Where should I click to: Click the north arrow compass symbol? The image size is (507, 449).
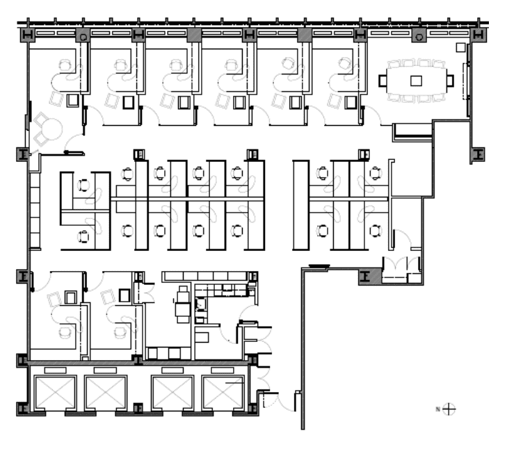click(x=449, y=409)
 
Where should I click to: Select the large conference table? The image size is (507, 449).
click(x=417, y=81)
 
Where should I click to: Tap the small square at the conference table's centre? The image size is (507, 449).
click(x=416, y=81)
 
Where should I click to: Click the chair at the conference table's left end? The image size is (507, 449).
click(x=383, y=81)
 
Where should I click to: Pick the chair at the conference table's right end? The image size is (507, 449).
click(x=450, y=81)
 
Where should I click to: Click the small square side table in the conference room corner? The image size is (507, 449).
click(x=460, y=47)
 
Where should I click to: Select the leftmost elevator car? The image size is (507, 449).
click(x=56, y=393)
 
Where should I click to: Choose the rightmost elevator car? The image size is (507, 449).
click(x=223, y=393)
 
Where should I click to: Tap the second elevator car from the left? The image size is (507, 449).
click(x=106, y=393)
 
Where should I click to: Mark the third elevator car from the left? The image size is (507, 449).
click(x=172, y=393)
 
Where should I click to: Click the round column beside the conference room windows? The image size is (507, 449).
click(x=419, y=37)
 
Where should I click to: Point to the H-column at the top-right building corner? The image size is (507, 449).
click(x=478, y=35)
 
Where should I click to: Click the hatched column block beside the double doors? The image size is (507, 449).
click(x=370, y=277)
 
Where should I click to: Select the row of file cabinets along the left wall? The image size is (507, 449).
click(x=35, y=210)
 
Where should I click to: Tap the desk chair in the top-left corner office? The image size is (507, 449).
click(x=65, y=65)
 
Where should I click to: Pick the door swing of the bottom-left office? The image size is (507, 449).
click(x=42, y=282)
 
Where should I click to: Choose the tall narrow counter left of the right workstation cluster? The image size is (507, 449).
click(x=300, y=205)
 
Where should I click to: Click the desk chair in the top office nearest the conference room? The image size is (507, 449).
click(x=346, y=63)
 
